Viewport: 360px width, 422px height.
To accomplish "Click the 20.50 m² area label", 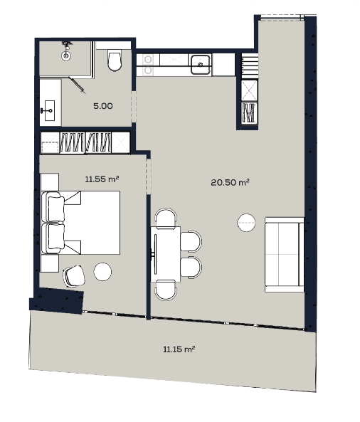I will tap(229, 182).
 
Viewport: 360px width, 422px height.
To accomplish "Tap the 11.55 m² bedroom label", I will tap(101, 179).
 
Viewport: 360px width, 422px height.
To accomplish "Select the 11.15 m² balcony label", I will tap(179, 349).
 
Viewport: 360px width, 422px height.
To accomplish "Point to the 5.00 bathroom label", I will tap(103, 107).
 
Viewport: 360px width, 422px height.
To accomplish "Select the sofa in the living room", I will tap(283, 253).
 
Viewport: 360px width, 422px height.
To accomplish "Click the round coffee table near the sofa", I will tap(246, 222).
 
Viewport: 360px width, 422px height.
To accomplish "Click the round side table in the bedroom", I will tap(103, 271).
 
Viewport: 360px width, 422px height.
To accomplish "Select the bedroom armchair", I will tap(73, 275).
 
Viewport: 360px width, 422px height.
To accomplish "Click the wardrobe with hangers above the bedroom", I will tap(85, 142).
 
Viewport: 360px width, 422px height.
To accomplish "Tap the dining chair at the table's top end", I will tap(166, 218).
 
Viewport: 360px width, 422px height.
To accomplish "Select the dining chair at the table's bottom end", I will tap(166, 288).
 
